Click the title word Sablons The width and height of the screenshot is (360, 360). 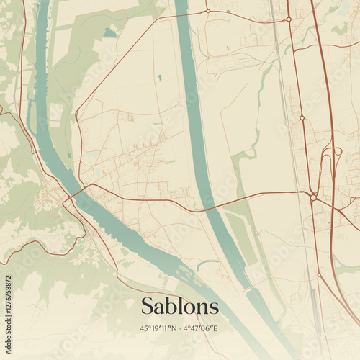coord(179,306)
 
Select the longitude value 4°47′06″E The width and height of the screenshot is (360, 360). coord(201,329)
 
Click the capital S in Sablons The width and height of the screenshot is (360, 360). coord(148,306)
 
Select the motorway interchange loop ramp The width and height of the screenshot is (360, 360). coord(336,152)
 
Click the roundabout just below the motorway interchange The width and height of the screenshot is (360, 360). coord(314,196)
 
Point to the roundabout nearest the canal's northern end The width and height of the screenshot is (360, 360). coord(207,11)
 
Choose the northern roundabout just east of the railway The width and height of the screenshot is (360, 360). coord(289,19)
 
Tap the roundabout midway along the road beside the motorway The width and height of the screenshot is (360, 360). coord(302,117)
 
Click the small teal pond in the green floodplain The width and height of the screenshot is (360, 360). coord(109,32)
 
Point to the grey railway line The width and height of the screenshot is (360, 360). coord(292,144)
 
